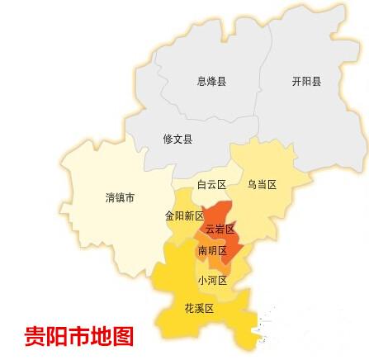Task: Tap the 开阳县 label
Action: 306,82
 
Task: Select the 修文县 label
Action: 177,140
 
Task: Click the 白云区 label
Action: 211,184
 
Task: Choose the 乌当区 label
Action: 261,184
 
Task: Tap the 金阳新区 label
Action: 184,216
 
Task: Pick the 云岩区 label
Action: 220,228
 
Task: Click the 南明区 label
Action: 211,249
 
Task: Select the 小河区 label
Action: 211,280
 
